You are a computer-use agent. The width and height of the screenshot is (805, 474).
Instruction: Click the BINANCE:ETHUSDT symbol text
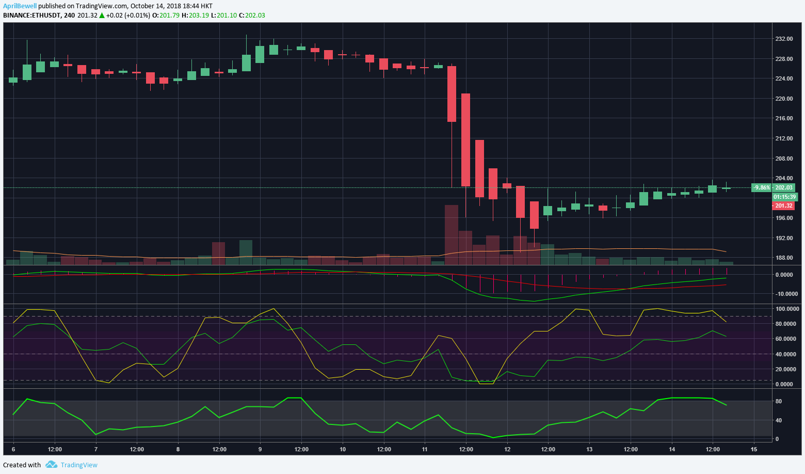tap(31, 15)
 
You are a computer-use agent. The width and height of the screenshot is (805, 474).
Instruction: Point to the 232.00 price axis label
tap(784, 39)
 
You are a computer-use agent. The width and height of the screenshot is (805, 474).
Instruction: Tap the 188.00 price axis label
tap(784, 258)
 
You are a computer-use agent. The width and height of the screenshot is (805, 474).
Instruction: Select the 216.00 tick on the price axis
tap(784, 118)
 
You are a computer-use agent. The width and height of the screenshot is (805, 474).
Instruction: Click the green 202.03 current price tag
tap(784, 187)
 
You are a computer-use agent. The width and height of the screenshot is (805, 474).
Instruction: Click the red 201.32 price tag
tap(784, 206)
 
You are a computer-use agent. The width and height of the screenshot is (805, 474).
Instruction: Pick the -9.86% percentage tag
tap(762, 187)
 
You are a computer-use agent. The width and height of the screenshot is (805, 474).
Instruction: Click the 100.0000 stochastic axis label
tap(787, 309)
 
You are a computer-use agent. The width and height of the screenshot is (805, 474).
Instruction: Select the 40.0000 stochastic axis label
tap(787, 354)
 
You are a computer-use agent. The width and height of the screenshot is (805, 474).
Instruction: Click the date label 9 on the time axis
tap(260, 449)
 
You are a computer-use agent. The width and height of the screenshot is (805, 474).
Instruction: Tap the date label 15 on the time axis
tap(754, 449)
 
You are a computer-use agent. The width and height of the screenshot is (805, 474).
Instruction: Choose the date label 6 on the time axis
tap(13, 449)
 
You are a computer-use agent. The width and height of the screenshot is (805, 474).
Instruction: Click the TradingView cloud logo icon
tap(51, 465)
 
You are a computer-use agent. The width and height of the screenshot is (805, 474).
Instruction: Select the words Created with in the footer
tap(22, 465)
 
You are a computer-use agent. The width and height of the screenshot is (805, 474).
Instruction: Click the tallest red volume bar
tap(452, 235)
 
